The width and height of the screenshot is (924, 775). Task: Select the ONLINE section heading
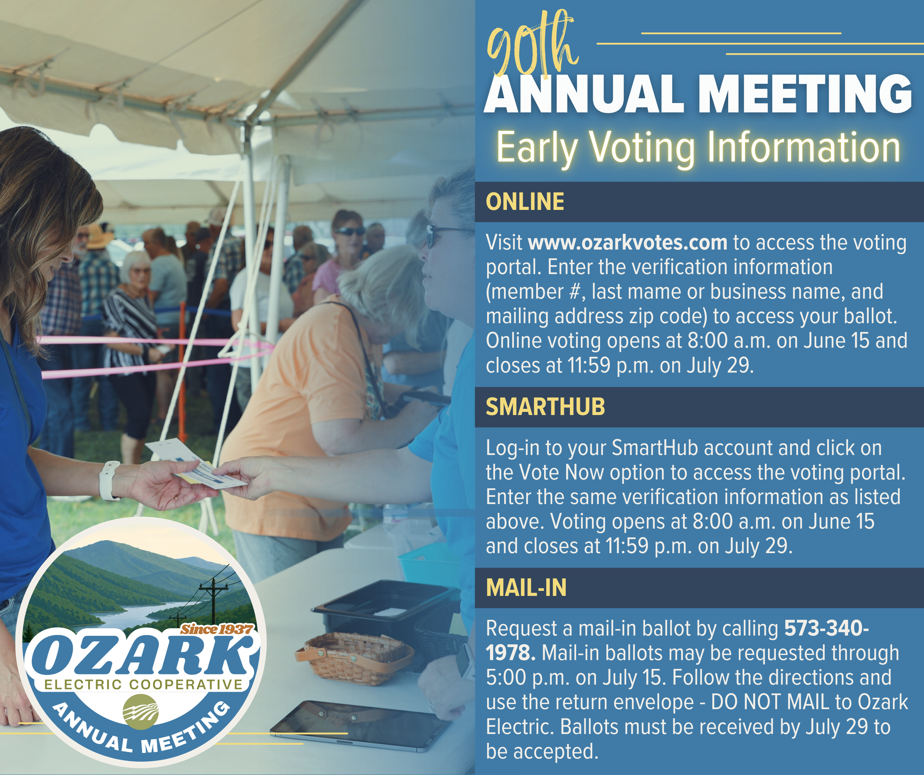coord(525,202)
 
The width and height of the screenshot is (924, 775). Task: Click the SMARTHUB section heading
coord(545,407)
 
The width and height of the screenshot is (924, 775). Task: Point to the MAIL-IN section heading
coord(526,588)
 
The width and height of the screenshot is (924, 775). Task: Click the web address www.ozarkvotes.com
coord(628,242)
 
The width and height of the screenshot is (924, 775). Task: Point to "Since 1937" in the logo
coord(217,629)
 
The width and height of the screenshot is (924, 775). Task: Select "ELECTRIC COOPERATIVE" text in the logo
coord(143,685)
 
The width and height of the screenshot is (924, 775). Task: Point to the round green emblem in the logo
coord(140,711)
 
